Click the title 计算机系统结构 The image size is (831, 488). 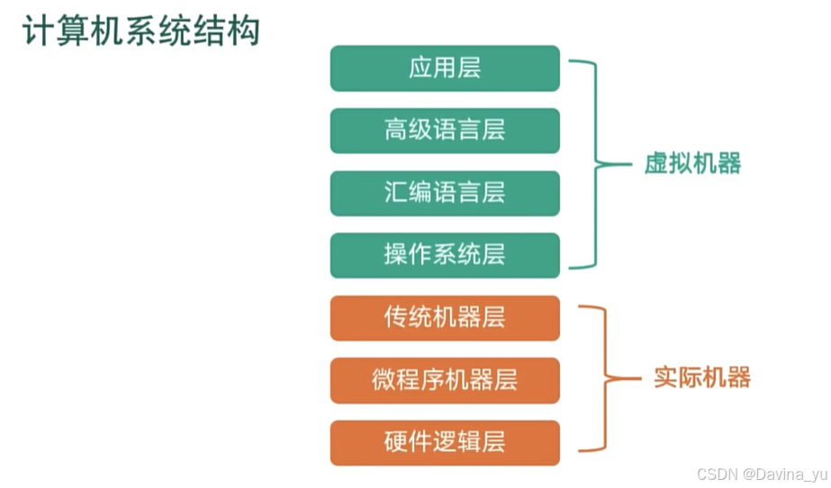(140, 31)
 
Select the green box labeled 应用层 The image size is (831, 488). (445, 69)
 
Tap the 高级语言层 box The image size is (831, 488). (445, 131)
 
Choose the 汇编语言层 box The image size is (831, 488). (445, 194)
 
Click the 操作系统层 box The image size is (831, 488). (445, 256)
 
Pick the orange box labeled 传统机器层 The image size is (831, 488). (445, 318)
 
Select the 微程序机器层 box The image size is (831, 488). (445, 380)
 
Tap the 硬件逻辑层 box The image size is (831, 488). (445, 442)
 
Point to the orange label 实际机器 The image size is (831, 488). (701, 377)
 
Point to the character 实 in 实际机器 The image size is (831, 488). (665, 377)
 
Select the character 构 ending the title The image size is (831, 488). (243, 31)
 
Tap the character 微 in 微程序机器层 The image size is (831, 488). (384, 380)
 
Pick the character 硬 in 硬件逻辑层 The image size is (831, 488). (396, 442)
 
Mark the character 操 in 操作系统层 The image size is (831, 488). (396, 256)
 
